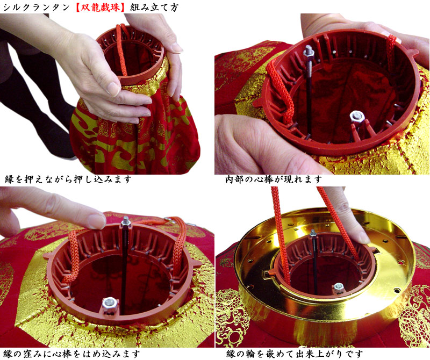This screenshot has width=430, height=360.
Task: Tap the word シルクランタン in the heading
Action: (x=36, y=8)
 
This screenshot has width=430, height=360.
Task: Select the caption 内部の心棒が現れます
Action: (x=274, y=179)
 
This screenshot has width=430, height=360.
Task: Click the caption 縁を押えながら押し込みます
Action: (x=68, y=179)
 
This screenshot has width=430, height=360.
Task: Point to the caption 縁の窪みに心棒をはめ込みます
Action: (x=72, y=354)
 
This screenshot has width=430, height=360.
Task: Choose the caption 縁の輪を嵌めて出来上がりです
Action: (x=295, y=354)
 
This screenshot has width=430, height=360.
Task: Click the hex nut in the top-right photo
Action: (x=357, y=116)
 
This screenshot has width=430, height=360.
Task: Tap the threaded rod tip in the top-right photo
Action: (x=309, y=52)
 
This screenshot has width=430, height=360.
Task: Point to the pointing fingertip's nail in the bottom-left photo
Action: (x=97, y=220)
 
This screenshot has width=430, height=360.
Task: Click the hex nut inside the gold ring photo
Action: (x=339, y=287)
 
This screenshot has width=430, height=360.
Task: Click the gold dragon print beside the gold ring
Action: (x=412, y=313)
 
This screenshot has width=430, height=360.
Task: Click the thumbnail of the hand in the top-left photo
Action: (x=113, y=88)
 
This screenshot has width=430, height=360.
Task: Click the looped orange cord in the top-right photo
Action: (x=281, y=90)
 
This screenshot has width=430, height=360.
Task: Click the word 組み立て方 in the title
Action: (x=154, y=8)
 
